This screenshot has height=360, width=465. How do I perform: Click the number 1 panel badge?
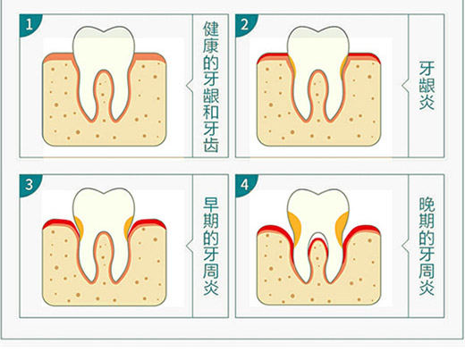[x=30, y=24]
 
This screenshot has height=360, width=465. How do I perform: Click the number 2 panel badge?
[x=245, y=24]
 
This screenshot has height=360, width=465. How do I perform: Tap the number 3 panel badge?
[x=30, y=185]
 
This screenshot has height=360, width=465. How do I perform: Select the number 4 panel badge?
[x=245, y=185]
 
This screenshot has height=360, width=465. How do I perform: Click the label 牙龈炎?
[x=427, y=86]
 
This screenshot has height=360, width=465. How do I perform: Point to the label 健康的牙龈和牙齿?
[x=211, y=87]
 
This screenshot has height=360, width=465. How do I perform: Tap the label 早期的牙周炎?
[x=211, y=246]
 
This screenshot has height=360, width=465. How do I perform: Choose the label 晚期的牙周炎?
[x=427, y=246]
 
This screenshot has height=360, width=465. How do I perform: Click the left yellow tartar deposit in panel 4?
[x=295, y=226]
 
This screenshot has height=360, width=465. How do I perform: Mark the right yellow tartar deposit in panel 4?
[x=342, y=226]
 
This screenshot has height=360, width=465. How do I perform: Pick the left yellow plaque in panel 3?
[x=80, y=225]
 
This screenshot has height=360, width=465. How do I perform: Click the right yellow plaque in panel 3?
[x=129, y=225]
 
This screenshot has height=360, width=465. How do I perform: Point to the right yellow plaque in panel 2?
[x=344, y=65]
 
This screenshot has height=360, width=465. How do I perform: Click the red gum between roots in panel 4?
[x=318, y=243]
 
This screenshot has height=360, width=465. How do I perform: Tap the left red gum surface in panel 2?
[x=272, y=56]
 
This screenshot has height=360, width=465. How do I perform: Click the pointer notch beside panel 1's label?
[x=190, y=86]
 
